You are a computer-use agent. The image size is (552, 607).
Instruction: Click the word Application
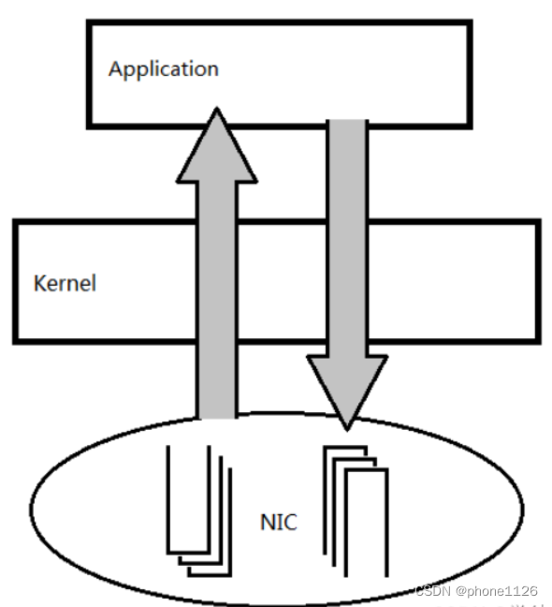pos(163,69)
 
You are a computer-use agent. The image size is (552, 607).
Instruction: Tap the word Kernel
pos(65,282)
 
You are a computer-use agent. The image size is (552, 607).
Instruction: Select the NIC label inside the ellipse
pos(278,522)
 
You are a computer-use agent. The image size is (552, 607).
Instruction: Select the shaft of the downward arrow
pos(348,234)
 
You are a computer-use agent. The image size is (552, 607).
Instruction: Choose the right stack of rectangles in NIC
pos(356,511)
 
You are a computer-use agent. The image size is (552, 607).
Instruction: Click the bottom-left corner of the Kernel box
pos(15,341)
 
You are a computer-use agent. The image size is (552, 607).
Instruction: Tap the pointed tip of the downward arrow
pos(348,430)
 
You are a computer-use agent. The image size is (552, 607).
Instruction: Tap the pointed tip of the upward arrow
pos(217,109)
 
